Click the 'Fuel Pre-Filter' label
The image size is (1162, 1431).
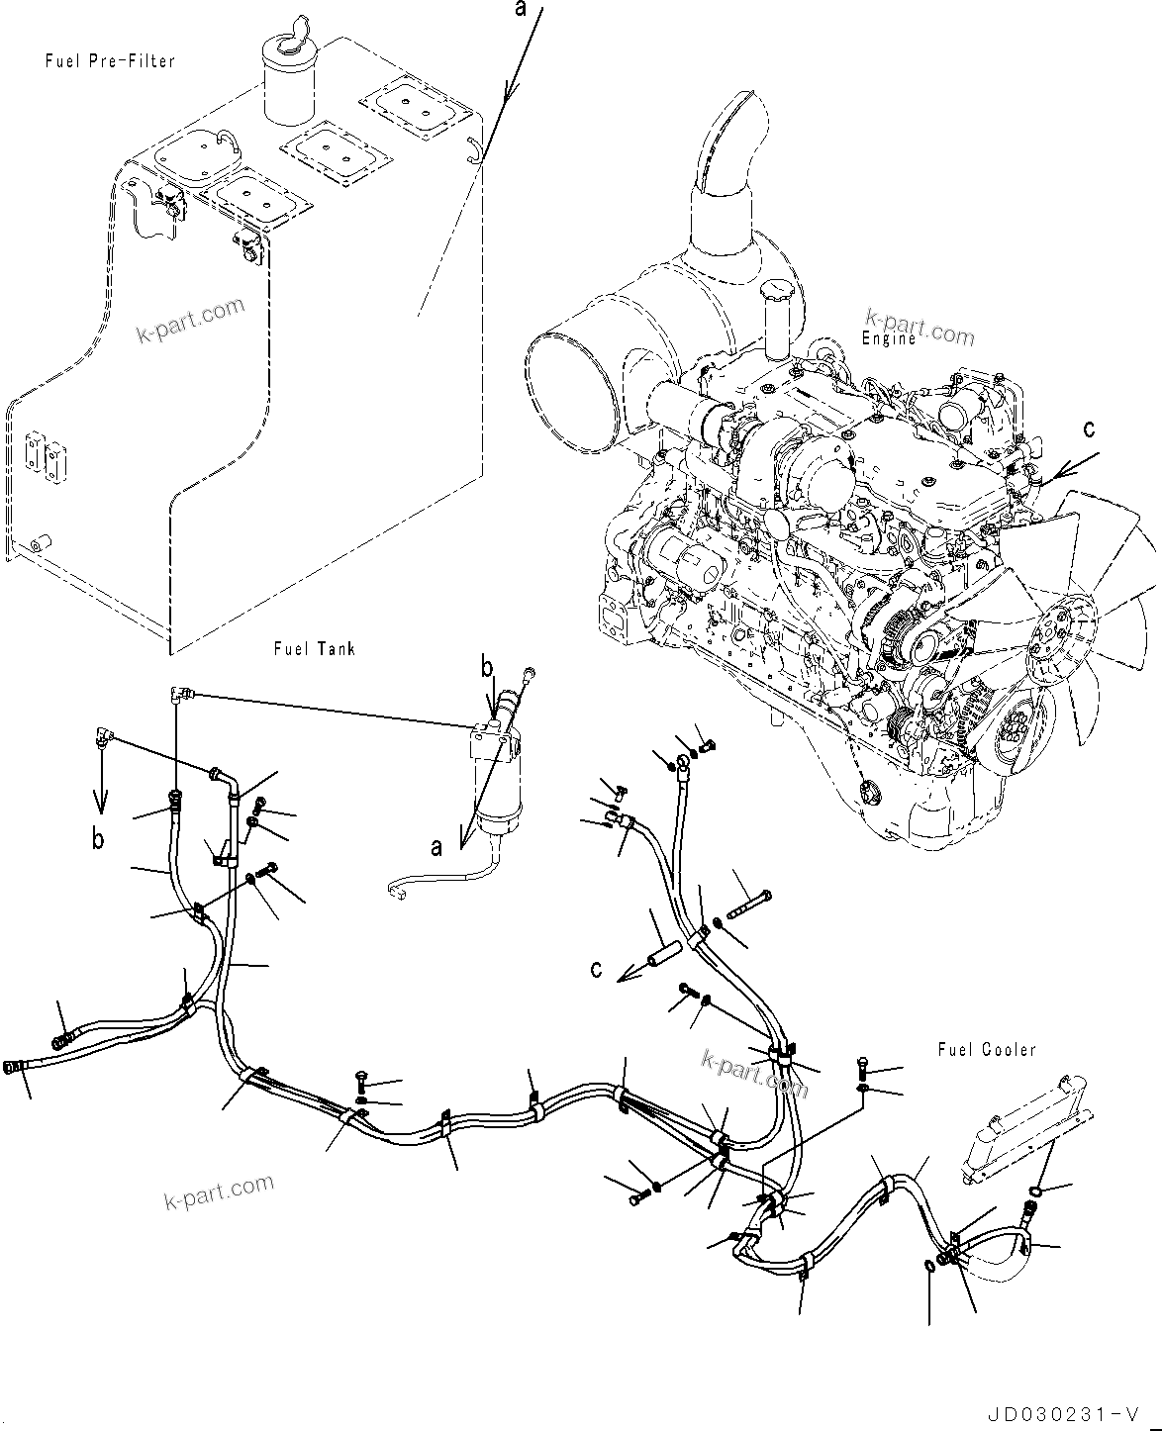tap(110, 61)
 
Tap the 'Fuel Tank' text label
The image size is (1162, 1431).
tap(314, 649)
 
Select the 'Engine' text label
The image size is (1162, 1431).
tap(888, 339)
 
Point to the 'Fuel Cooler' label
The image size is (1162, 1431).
tap(986, 1049)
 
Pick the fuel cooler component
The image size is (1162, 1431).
tap(1023, 1138)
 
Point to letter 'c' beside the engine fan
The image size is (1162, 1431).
tap(1089, 429)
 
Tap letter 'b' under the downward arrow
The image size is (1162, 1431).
tap(98, 839)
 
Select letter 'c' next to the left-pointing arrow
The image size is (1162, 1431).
tap(596, 968)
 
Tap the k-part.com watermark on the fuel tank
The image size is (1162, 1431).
tap(189, 320)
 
